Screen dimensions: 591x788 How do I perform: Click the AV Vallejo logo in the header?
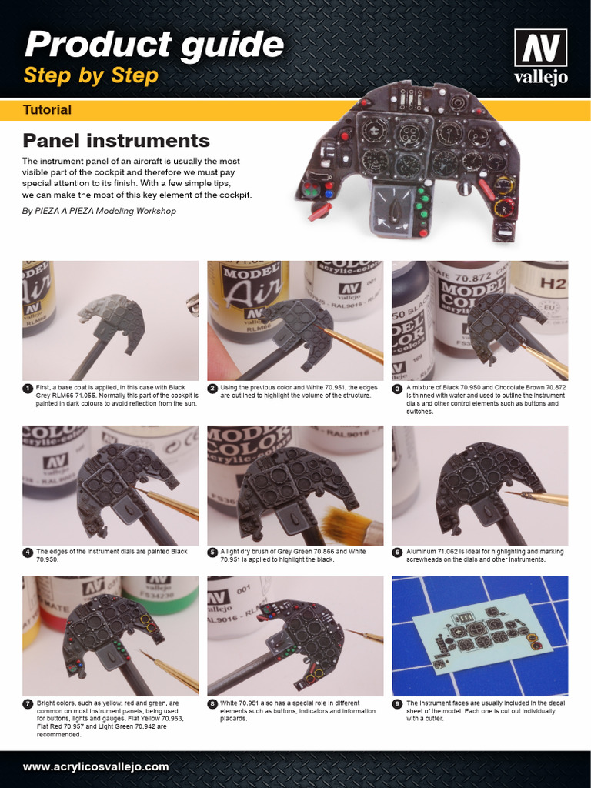click(541, 56)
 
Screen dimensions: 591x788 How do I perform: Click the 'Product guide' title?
click(154, 44)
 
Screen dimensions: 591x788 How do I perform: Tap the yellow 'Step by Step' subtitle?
click(91, 75)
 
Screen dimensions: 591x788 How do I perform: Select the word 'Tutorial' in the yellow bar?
click(47, 109)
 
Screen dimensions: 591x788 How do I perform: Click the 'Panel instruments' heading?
click(116, 140)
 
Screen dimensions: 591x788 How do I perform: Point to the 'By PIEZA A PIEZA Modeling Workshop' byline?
click(99, 211)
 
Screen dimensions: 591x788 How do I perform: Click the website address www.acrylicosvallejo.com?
click(95, 766)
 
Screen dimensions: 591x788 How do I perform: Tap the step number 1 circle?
click(28, 389)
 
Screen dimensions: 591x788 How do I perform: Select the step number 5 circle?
click(212, 553)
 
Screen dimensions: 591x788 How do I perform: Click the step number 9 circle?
click(397, 704)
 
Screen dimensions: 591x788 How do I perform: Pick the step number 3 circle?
click(397, 389)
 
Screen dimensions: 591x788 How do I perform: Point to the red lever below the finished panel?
click(319, 212)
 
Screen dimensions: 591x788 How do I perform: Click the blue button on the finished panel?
click(329, 193)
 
